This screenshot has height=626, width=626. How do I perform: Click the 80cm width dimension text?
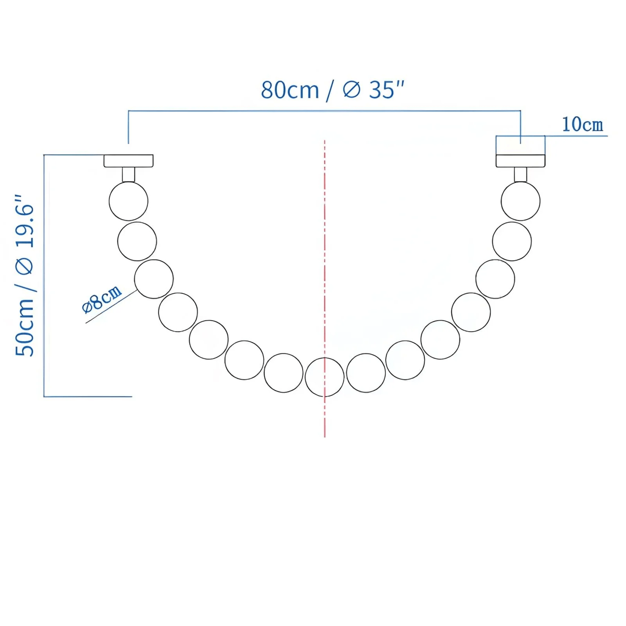(x=290, y=90)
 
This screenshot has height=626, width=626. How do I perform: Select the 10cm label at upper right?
(x=582, y=125)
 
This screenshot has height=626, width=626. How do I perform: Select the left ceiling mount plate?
(x=128, y=161)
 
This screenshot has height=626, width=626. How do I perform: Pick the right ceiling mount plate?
(x=520, y=161)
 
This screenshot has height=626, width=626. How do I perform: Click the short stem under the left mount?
(x=128, y=174)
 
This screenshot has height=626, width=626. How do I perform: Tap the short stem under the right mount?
(x=520, y=174)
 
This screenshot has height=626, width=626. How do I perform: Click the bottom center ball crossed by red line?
(x=324, y=377)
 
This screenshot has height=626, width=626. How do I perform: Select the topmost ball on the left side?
(x=128, y=201)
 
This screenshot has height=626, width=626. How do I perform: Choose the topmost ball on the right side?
(x=520, y=201)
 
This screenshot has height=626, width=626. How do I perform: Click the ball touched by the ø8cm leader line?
(x=154, y=279)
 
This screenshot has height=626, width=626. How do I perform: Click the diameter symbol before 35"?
(x=351, y=90)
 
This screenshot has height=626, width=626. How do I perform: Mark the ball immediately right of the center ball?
(x=366, y=373)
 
